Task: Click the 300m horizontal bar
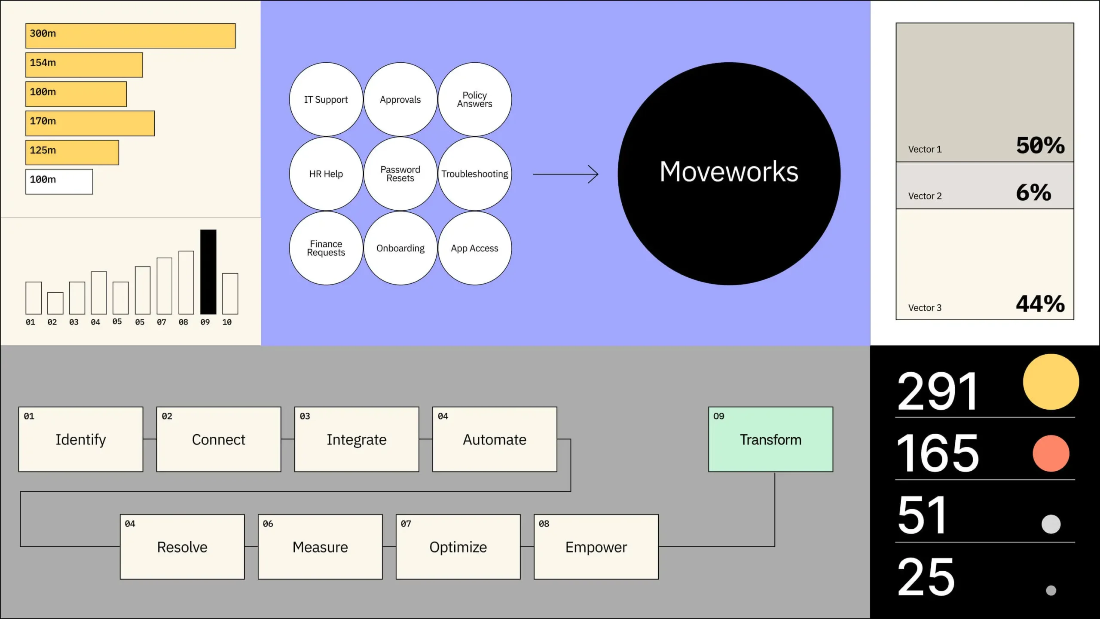(x=130, y=36)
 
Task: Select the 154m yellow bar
(x=84, y=65)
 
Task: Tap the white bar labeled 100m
(x=59, y=181)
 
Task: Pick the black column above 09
(x=208, y=272)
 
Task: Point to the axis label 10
(x=227, y=322)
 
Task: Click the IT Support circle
(x=326, y=99)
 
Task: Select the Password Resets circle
(x=400, y=174)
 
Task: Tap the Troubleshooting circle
(x=474, y=174)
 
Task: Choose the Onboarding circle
(x=400, y=248)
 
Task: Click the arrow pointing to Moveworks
(x=565, y=174)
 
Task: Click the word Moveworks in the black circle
(x=729, y=172)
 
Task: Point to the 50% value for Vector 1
(x=1040, y=145)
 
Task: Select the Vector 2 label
(x=925, y=196)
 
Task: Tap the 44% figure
(x=1040, y=304)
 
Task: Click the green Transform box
(x=770, y=439)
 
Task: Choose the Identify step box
(x=81, y=439)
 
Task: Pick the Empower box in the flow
(x=596, y=547)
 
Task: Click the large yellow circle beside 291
(x=1051, y=382)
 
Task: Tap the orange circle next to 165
(x=1051, y=454)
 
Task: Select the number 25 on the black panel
(x=926, y=577)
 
